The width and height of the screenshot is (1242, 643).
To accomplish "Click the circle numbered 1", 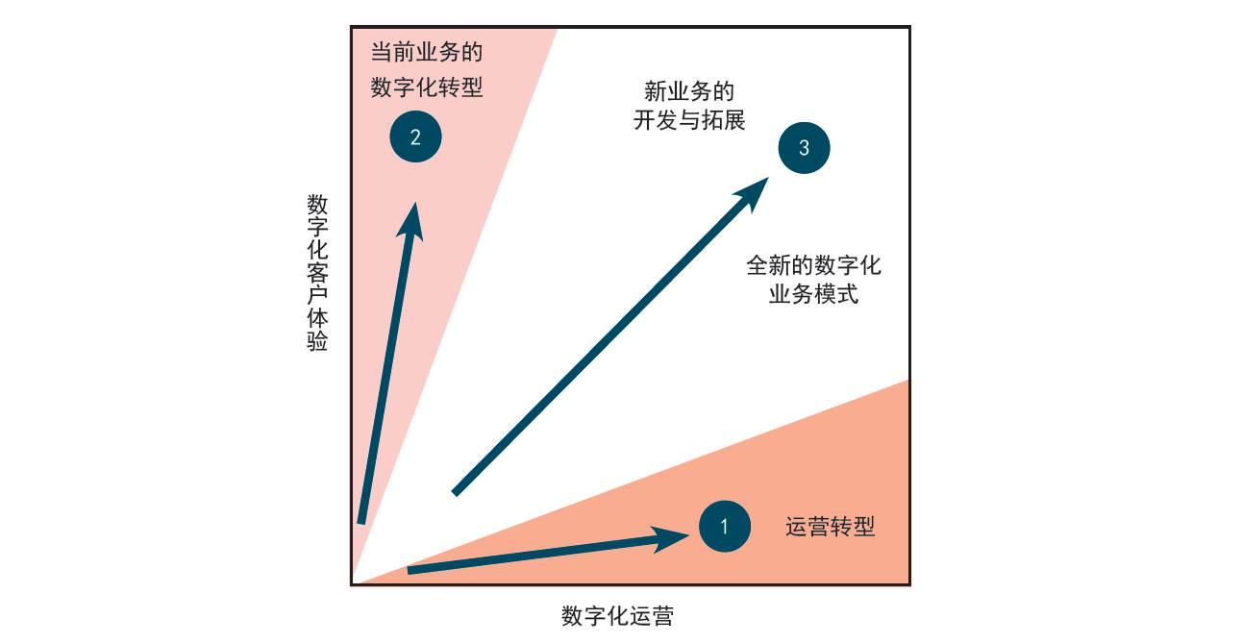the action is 725,527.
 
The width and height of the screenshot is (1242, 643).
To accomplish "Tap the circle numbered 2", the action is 415,136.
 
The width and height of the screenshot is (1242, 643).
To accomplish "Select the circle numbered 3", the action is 804,148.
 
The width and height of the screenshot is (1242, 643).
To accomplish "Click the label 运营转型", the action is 831,527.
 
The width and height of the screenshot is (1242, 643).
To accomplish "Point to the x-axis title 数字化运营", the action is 617,616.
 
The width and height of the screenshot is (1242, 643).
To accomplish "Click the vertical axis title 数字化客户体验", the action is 317,273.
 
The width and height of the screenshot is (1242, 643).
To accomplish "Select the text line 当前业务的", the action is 427,52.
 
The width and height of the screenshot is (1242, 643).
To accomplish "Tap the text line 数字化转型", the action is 427,87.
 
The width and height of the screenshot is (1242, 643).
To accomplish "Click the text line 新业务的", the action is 689,91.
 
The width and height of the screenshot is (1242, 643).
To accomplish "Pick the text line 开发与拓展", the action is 689,121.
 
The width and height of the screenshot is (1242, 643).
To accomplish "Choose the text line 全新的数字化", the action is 813,264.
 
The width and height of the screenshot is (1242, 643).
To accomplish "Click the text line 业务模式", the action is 813,294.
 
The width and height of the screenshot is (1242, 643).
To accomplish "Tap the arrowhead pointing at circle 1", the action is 674,537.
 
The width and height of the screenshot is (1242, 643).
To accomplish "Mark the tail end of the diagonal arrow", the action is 456,492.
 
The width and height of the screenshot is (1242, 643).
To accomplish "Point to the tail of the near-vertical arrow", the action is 361,521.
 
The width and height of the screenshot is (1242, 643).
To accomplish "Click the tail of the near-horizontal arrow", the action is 410,571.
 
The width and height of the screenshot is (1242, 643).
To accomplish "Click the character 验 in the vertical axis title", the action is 317,342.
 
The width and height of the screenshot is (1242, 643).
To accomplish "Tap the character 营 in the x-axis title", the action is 662,616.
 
